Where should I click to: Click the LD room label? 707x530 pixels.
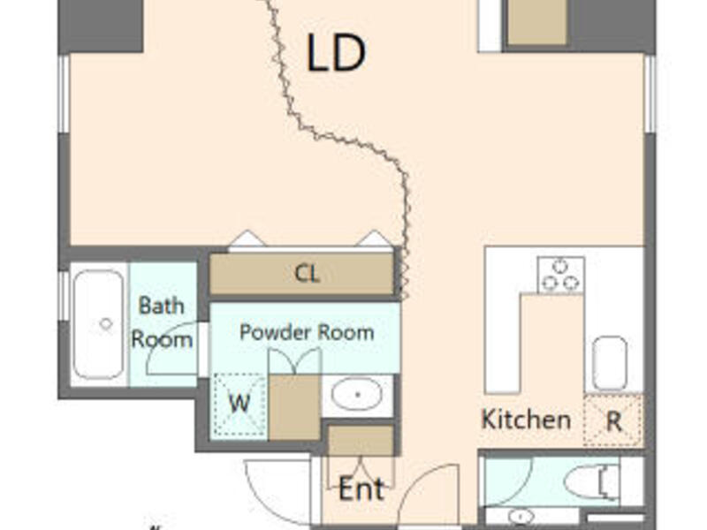click(336, 52)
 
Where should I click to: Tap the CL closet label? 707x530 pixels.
click(307, 273)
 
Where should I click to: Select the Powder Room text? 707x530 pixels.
click(307, 332)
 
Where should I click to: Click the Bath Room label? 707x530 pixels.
click(162, 322)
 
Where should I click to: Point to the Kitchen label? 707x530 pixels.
click(526, 420)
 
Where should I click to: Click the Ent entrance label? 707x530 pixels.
click(361, 489)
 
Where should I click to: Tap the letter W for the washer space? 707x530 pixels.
click(239, 403)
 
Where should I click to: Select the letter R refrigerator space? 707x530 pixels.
click(614, 422)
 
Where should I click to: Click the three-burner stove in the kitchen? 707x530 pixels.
click(560, 275)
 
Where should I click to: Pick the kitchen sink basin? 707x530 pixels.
click(610, 363)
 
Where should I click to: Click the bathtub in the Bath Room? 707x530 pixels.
click(99, 324)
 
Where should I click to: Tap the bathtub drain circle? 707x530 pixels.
click(106, 323)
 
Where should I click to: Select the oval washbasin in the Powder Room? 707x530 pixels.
click(357, 394)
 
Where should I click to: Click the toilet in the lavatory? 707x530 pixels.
click(591, 482)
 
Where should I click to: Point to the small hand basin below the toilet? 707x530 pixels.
click(521, 516)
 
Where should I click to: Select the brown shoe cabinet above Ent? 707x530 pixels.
click(361, 440)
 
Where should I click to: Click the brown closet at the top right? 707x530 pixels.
click(536, 23)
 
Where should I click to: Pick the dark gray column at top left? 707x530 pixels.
click(101, 26)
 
